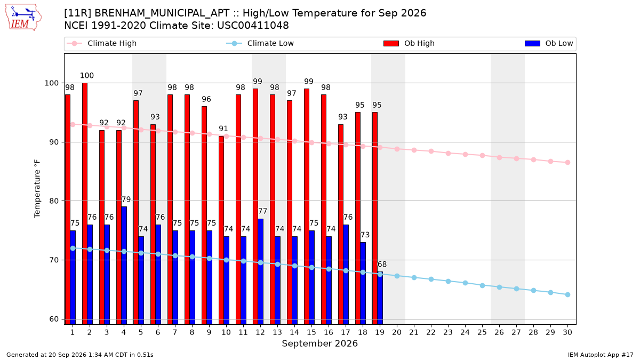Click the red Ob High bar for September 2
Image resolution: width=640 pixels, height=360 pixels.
pos(85,204)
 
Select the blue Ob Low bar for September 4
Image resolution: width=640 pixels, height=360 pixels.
pos(124,266)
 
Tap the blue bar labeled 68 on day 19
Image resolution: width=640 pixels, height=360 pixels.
pos(380,298)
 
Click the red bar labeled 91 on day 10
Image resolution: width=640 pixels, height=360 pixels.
pos(221,230)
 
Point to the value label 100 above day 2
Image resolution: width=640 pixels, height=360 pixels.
pos(86,76)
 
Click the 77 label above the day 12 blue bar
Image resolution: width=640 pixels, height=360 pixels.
pos(262,211)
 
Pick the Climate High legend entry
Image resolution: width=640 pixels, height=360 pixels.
pos(102,43)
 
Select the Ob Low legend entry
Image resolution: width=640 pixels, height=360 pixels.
pos(549,43)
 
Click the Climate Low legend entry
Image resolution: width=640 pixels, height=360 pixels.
pos(260,43)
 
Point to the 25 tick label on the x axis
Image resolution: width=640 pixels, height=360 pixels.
pos(482,332)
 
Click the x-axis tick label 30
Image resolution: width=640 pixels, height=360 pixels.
pos(567,332)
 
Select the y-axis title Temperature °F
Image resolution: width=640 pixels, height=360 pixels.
pos(37,189)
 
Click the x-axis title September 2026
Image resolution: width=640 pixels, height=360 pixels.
pos(319,343)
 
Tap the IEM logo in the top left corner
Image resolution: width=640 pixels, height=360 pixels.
pos(23,18)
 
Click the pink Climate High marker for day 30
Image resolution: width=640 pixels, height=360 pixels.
pos(567,163)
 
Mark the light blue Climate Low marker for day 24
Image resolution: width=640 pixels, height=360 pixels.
pos(465,283)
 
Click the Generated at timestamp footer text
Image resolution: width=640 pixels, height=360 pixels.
pos(79,355)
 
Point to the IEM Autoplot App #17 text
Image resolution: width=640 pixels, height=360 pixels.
pos(601,355)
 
